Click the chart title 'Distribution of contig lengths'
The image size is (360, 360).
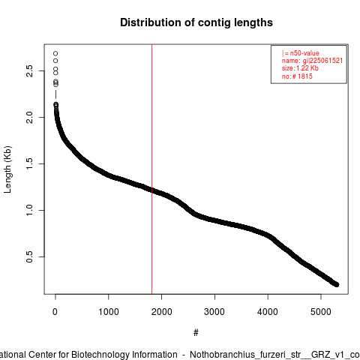tap(196, 22)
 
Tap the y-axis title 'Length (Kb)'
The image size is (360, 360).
tap(7, 169)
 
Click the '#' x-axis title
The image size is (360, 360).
tap(196, 333)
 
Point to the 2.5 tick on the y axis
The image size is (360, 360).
tap(29, 71)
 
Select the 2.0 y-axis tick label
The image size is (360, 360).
tap(29, 117)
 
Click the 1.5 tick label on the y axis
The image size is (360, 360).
tap(29, 163)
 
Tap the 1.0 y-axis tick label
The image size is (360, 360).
tap(29, 210)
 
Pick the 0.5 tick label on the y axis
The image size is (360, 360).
tap(29, 256)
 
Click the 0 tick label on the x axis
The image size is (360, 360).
tap(55, 312)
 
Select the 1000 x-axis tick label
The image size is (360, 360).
tap(109, 312)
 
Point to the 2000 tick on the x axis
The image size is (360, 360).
tap(162, 312)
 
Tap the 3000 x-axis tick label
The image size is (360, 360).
tap(214, 312)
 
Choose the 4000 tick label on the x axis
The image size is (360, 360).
tap(268, 312)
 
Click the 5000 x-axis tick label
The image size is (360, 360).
tap(321, 312)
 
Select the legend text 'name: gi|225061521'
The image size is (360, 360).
tap(312, 61)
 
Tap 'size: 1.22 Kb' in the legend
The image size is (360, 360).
tap(300, 68)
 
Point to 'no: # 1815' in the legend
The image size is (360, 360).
tap(297, 76)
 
